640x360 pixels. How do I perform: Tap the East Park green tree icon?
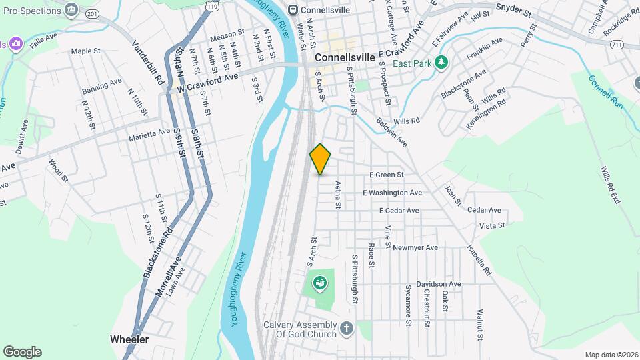[440, 63]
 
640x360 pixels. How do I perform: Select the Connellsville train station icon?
[292, 9]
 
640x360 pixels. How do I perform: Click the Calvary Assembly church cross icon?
[346, 327]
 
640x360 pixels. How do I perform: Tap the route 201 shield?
[93, 14]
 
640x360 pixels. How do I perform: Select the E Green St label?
[387, 175]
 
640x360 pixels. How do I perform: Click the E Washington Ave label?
[392, 193]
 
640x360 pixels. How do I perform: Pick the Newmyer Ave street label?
[415, 247]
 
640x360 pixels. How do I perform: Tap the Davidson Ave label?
[439, 283]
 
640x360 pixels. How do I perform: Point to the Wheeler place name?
[129, 339]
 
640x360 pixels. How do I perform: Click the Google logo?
[22, 352]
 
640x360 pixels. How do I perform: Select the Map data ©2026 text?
[611, 355]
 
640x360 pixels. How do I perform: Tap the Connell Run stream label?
[605, 92]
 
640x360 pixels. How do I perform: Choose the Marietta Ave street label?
[150, 135]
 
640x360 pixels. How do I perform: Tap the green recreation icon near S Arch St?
[321, 285]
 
